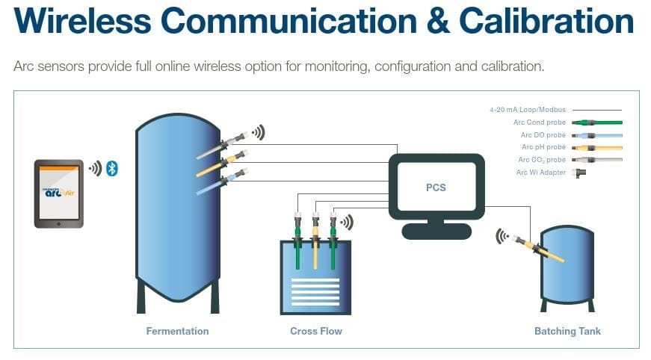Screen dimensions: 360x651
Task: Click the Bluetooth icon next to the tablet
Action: click(112, 168)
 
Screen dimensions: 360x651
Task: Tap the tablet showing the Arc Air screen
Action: click(59, 193)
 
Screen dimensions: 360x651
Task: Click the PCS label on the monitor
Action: click(436, 187)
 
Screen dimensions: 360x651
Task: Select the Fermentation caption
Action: click(177, 331)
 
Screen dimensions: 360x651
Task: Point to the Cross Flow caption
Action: click(315, 331)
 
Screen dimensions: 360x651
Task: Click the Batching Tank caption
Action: click(567, 331)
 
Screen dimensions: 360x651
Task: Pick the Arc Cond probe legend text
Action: click(540, 122)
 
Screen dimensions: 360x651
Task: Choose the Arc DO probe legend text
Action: click(543, 135)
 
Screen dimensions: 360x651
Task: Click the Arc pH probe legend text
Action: click(543, 147)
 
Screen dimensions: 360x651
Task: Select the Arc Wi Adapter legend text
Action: click(541, 173)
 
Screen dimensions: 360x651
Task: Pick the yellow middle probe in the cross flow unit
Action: click(315, 246)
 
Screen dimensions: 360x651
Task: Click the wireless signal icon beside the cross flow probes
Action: click(346, 222)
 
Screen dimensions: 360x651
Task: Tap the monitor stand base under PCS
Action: click(436, 232)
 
